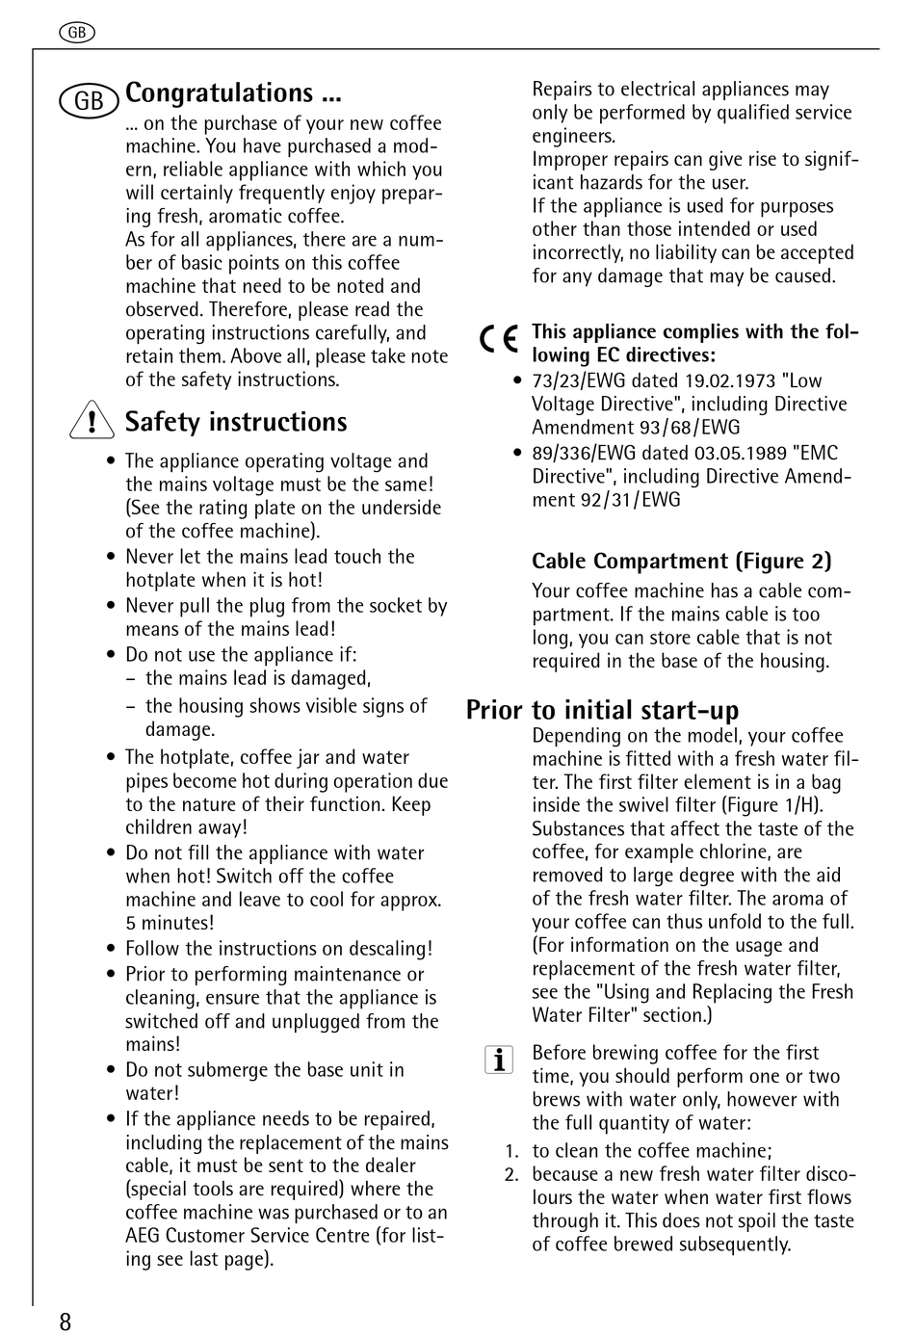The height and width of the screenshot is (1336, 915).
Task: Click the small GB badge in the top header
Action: point(77,33)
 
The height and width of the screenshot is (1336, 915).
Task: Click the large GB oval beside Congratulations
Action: point(89,100)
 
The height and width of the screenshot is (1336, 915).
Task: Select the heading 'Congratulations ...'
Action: point(234,93)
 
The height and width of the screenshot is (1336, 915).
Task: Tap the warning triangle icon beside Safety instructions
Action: point(91,422)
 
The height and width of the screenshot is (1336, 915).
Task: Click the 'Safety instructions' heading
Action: point(236,422)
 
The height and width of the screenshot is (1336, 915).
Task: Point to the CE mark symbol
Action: point(499,338)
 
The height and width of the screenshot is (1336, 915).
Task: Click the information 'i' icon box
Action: point(498,1060)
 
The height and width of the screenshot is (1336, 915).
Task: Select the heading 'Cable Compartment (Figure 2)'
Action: point(681,561)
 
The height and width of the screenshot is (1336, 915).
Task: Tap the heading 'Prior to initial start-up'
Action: point(602,710)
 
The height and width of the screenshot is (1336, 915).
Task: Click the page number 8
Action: point(65,1321)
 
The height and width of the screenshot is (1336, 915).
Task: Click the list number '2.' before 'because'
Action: point(511,1174)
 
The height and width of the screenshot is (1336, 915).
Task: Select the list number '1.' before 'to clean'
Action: point(511,1151)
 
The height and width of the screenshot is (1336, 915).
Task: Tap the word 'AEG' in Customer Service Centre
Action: point(143,1235)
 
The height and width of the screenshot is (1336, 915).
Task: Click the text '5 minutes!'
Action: point(170,923)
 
